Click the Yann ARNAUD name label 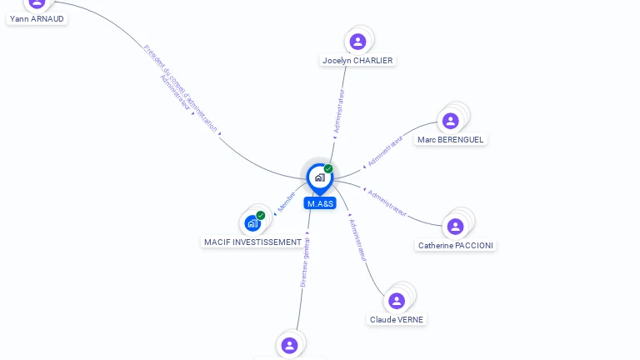tap(37, 18)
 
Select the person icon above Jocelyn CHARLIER tap(357, 42)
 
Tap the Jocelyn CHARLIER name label tap(357, 60)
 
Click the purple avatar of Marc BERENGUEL tap(451, 121)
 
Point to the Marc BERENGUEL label tap(451, 139)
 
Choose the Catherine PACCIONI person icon tap(455, 226)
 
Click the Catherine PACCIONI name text tap(456, 245)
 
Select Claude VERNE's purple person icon tap(397, 301)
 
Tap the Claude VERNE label tap(397, 319)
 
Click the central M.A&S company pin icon tap(319, 177)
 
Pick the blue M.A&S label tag tap(320, 203)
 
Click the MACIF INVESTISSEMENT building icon tap(252, 223)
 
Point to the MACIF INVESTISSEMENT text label tap(252, 242)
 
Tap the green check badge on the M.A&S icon tap(328, 169)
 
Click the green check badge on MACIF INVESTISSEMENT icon tap(261, 215)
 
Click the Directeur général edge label tap(305, 262)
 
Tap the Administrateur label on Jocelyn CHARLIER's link tap(339, 111)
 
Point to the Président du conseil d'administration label tap(180, 89)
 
